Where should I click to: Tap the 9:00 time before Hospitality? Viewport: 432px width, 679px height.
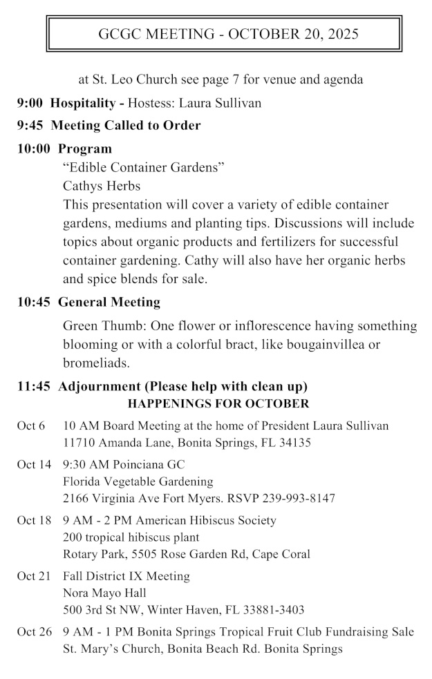tap(30, 103)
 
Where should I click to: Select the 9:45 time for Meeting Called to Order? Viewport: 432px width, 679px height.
tap(30, 126)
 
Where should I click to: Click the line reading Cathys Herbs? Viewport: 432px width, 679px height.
tap(102, 186)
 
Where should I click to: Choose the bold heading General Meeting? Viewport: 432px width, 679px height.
tap(109, 302)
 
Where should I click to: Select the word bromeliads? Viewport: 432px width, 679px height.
tap(96, 363)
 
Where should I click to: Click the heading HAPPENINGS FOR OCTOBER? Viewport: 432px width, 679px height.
tap(218, 403)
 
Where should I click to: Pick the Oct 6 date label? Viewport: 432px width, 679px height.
tap(30, 425)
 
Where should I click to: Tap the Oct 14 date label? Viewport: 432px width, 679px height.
tap(34, 465)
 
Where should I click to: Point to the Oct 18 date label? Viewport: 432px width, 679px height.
tap(34, 521)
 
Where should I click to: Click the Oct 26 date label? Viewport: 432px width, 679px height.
tap(34, 632)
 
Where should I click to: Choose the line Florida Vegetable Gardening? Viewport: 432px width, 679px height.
tap(138, 481)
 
